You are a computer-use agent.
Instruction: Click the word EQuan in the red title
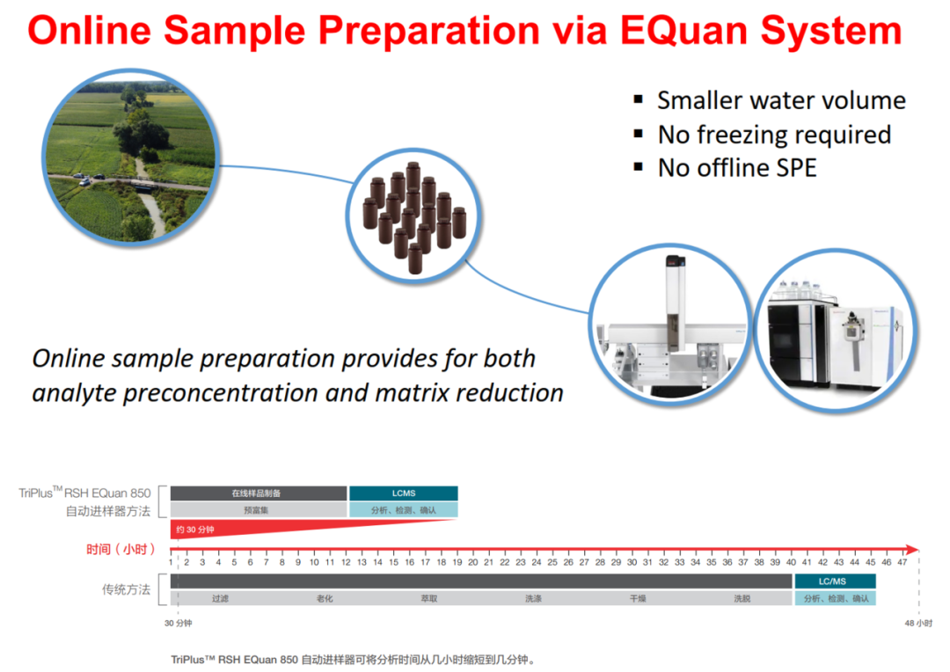click(x=684, y=30)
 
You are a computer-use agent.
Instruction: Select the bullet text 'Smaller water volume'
click(x=782, y=100)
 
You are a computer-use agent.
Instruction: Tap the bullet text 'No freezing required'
click(x=774, y=135)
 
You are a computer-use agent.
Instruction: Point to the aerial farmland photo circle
click(x=130, y=157)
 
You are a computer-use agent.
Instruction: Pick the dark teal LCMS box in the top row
click(x=404, y=493)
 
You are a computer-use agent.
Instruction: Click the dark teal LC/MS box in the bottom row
click(x=835, y=581)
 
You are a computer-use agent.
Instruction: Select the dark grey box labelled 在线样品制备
click(x=259, y=493)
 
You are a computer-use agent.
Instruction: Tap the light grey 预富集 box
click(x=259, y=509)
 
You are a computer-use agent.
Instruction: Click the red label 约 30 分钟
click(x=195, y=530)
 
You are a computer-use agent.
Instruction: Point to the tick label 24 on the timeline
click(x=537, y=562)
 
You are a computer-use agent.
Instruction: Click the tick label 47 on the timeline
click(x=902, y=562)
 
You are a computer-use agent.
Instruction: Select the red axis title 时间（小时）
click(x=121, y=549)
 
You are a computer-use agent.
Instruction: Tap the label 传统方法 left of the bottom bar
click(x=126, y=589)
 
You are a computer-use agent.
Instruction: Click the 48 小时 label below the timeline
click(x=918, y=623)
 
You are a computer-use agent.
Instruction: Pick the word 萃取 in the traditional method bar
click(x=429, y=598)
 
